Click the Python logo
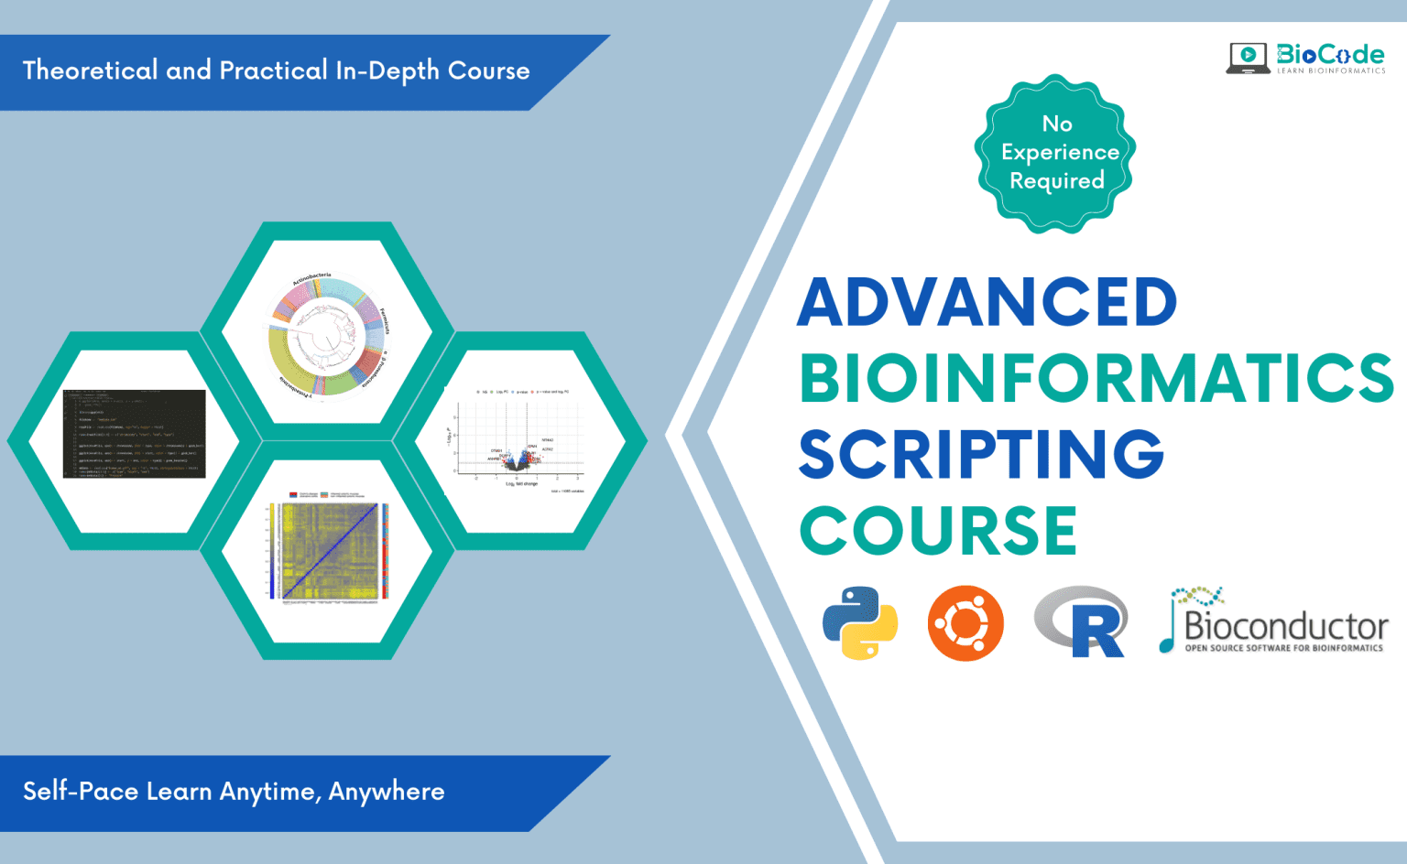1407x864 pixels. tap(860, 623)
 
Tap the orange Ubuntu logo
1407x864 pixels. tap(965, 623)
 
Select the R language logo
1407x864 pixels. tap(1082, 622)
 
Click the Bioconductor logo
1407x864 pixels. tap(1275, 622)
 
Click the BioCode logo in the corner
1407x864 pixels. tap(1306, 58)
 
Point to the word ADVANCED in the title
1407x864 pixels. tap(987, 302)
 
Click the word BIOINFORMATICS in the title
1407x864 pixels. tap(1096, 378)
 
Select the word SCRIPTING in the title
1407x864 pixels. tap(981, 454)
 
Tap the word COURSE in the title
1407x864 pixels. tap(938, 531)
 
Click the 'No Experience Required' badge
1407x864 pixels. tap(1056, 153)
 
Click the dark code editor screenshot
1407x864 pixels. tap(134, 434)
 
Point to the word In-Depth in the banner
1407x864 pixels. tap(387, 71)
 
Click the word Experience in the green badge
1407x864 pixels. tap(1060, 152)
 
